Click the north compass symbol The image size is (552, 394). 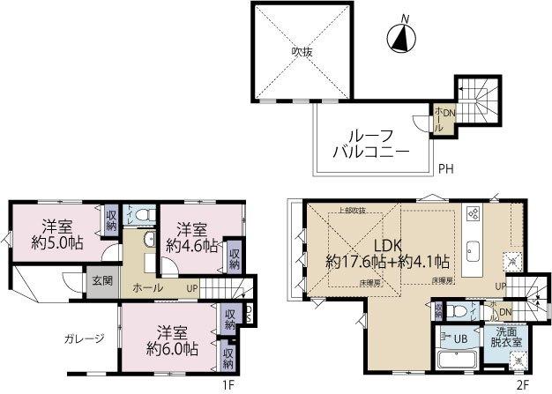402,37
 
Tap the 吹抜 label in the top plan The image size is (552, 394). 302,51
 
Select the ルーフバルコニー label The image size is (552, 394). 370,143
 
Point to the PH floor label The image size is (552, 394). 447,168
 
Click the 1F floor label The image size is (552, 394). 228,384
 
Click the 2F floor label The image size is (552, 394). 522,384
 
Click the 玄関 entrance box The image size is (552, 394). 101,281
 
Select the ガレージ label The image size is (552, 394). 85,338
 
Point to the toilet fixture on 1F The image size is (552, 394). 147,215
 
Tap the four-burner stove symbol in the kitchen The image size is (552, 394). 473,214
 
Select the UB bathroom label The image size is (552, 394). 460,338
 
